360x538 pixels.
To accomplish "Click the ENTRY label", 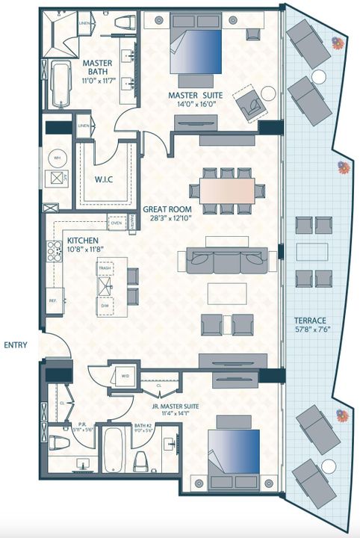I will point(16,344).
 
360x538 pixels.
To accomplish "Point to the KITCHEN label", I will point(84,240).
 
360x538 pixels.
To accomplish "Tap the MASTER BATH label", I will point(98,64).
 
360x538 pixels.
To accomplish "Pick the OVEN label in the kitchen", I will point(117,223).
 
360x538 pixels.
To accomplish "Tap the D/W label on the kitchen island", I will point(105,305).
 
